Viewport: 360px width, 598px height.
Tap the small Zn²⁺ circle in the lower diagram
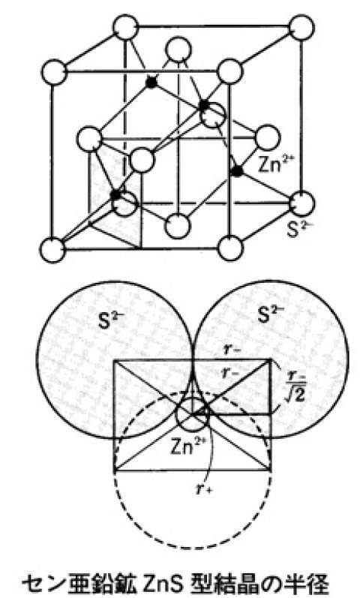pos(192,414)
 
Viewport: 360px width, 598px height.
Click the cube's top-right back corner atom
pos(301,28)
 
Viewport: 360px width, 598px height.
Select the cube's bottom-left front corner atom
pos(52,250)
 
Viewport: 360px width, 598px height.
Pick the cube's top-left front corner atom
pos(54,72)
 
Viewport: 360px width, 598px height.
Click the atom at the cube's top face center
pos(177,51)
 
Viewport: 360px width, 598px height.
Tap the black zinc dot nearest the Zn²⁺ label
pos(237,171)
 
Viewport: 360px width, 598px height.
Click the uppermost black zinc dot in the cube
pos(151,83)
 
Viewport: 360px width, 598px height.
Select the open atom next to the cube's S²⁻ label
pos(302,203)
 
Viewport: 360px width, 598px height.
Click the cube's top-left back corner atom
pos(126,27)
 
